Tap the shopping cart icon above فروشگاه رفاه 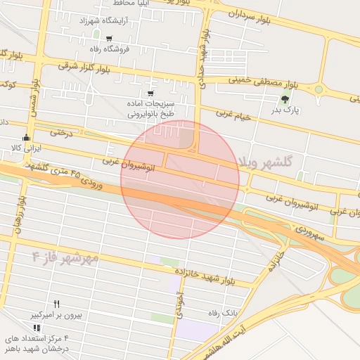click(108, 38)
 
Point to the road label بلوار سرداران click(245, 14)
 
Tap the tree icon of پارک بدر click(284, 99)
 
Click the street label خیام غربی click(233, 115)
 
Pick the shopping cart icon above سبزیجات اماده click(150, 93)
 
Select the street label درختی click(61, 131)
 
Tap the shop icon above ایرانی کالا click(27, 137)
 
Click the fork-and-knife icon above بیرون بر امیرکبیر click(56, 304)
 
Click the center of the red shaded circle click(180, 179)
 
